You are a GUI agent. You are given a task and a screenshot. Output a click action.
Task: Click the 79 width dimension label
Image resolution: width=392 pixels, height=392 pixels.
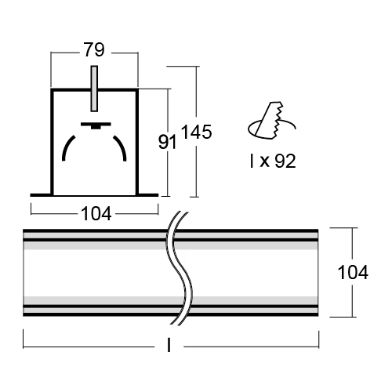94,49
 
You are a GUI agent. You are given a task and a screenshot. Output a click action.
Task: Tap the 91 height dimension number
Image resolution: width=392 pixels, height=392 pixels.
168,143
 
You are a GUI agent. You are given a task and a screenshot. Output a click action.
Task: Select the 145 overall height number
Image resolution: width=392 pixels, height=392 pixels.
196,132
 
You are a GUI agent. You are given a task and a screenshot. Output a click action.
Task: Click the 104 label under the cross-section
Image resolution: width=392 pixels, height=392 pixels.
96,213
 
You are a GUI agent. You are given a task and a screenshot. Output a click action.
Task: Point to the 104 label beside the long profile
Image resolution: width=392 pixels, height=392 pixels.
353,272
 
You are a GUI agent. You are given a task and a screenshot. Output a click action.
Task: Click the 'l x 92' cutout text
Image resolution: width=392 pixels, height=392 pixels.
273,161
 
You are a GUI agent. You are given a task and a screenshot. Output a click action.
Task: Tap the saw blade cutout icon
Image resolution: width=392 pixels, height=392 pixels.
272,120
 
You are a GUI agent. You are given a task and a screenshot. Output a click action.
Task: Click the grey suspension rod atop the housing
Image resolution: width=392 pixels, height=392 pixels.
94,89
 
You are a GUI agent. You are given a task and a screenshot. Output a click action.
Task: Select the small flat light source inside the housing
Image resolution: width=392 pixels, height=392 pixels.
96,125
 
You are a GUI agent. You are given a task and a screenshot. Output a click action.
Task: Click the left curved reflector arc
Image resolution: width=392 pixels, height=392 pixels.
67,147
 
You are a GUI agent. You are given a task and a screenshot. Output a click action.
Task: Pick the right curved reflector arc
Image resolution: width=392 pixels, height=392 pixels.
122,147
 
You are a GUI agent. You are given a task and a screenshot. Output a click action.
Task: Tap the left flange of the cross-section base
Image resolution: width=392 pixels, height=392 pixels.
42,195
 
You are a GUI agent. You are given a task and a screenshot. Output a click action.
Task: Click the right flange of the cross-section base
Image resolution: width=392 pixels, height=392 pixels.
147,195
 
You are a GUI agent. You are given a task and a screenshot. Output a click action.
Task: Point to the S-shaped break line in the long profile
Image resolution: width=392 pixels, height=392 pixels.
180,268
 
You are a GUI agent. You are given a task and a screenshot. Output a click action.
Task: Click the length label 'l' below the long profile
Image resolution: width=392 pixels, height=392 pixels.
169,345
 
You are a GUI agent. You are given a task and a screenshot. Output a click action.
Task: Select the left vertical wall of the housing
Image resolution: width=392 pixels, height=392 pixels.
52,143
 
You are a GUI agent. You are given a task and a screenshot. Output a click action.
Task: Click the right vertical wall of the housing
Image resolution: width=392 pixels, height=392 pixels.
137,143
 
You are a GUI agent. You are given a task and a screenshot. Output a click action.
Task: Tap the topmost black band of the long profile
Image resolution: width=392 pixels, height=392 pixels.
171,231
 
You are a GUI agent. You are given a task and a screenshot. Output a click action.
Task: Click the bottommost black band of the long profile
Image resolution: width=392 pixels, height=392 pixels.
171,314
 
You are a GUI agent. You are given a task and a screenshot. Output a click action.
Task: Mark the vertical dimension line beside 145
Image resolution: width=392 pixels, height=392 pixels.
196,132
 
